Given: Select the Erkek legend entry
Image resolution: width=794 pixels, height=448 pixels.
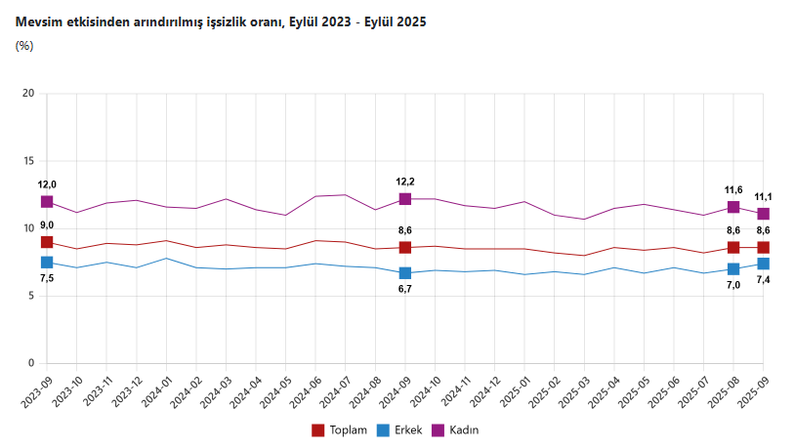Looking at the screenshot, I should click(399, 429).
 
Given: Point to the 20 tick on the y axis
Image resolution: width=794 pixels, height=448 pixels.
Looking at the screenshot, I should click(28, 94).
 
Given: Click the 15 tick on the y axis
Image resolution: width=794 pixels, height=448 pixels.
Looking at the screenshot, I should click(28, 161).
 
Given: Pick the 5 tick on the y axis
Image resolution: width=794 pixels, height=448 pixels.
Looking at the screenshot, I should click(31, 297).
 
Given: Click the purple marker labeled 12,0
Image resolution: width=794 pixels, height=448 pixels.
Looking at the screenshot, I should click(47, 202).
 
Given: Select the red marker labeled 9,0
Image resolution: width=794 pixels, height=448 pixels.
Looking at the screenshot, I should click(47, 242).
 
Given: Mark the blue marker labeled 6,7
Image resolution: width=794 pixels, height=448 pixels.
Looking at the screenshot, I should click(405, 273).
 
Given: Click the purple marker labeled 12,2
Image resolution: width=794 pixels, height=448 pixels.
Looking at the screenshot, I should click(405, 199).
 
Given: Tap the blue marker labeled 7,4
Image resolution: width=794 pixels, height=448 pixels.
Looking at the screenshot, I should click(763, 264).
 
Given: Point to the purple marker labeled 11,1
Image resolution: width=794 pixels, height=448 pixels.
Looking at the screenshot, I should click(763, 214).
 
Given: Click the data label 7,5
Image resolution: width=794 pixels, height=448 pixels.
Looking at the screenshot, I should click(47, 278).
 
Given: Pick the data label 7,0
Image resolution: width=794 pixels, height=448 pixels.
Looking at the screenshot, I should click(733, 285).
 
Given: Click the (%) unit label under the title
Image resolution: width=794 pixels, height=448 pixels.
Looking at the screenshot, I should click(24, 45).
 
